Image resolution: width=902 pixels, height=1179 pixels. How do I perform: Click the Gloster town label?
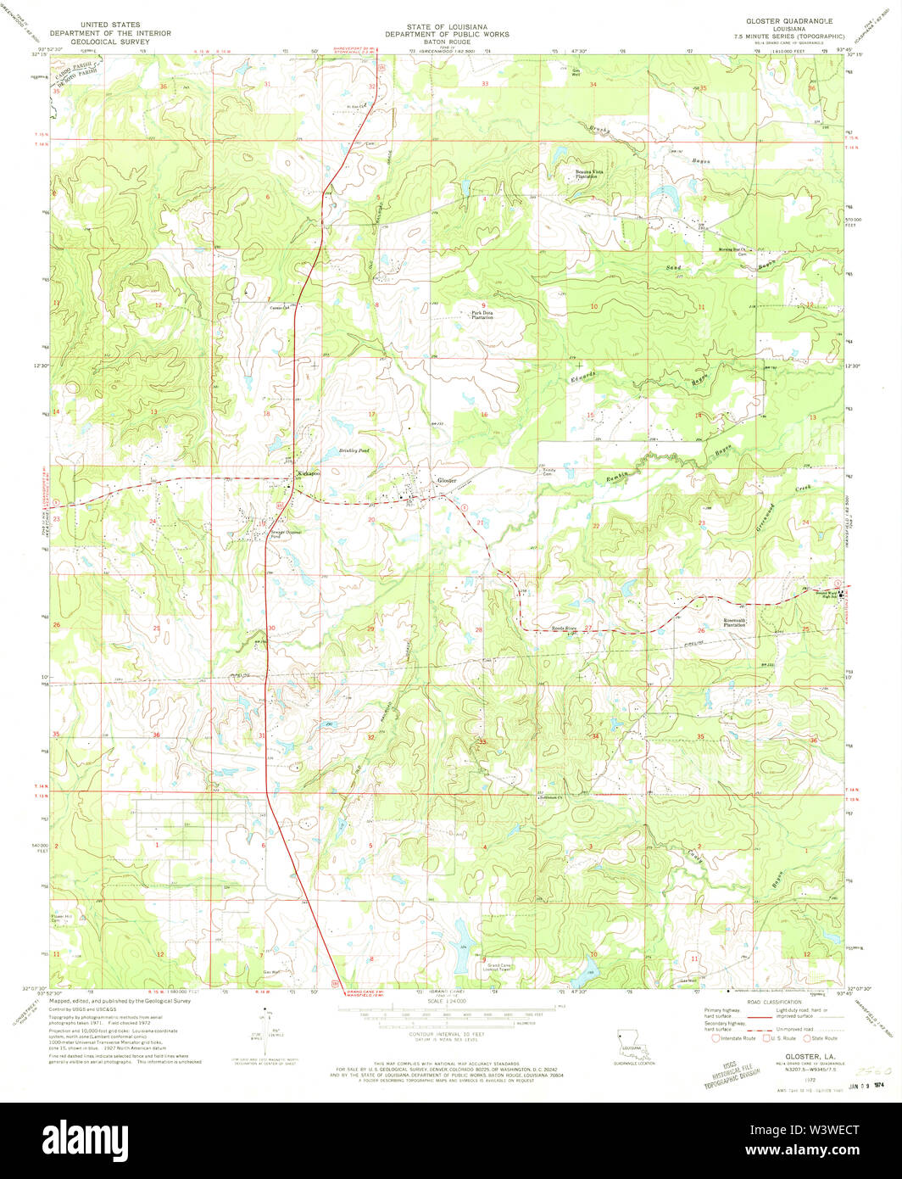point(446,480)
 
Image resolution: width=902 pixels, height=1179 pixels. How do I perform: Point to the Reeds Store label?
point(565,629)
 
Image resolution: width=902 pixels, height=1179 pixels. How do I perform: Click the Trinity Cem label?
point(548,471)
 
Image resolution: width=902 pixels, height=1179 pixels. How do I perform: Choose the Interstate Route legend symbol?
point(717,1037)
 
